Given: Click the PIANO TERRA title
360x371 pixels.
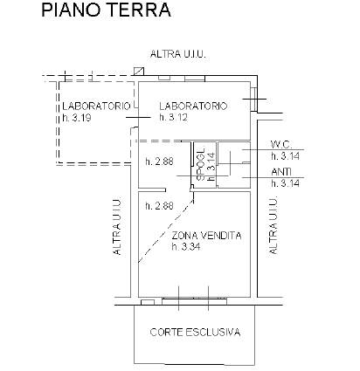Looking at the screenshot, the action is (x=106, y=10).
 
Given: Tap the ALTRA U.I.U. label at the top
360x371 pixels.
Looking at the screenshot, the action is (x=178, y=54).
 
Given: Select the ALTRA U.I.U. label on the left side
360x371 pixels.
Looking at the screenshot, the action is (x=117, y=227).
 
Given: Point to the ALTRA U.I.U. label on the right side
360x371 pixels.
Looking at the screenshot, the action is (x=273, y=226).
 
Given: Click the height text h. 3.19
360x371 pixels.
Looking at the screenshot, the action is (x=77, y=118).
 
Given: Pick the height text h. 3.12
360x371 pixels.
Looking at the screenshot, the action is (x=174, y=117).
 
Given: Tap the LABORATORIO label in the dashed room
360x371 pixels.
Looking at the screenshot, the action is (x=96, y=106).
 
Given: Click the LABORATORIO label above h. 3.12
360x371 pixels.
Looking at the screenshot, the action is (x=193, y=106).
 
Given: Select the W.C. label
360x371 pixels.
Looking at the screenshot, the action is (x=281, y=144).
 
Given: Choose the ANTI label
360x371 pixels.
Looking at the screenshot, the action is (x=281, y=172).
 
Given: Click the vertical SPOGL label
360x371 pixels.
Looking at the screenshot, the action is (x=201, y=165).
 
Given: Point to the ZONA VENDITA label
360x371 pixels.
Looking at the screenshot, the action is (x=206, y=235).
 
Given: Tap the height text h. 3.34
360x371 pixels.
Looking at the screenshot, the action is (x=186, y=247).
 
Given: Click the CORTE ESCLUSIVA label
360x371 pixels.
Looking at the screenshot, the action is (x=195, y=332).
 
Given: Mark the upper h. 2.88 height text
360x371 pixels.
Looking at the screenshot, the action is (x=159, y=161).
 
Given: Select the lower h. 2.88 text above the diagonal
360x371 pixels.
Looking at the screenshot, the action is (x=159, y=206).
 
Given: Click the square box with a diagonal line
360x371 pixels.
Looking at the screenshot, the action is (x=139, y=72).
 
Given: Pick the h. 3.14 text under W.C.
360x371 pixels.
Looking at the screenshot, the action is (x=286, y=156).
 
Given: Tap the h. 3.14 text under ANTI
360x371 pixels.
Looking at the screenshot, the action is (x=286, y=183).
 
